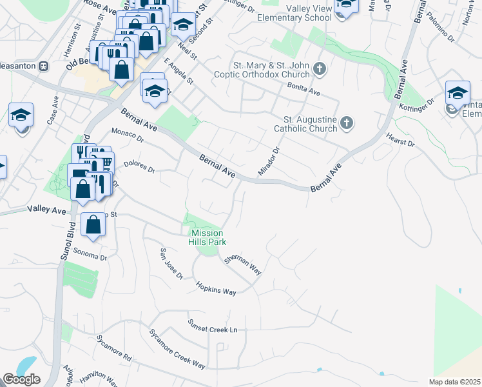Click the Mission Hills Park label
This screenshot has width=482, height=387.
coord(206,237)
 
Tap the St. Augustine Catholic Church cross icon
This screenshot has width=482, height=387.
coord(346,123)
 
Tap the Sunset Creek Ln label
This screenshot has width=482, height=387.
coord(212,328)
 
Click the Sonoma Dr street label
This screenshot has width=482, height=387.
coord(90,253)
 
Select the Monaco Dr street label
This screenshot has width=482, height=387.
coord(126,135)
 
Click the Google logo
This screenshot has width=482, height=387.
coord(21,379)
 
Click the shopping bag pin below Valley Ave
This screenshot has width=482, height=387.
coord(94,225)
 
